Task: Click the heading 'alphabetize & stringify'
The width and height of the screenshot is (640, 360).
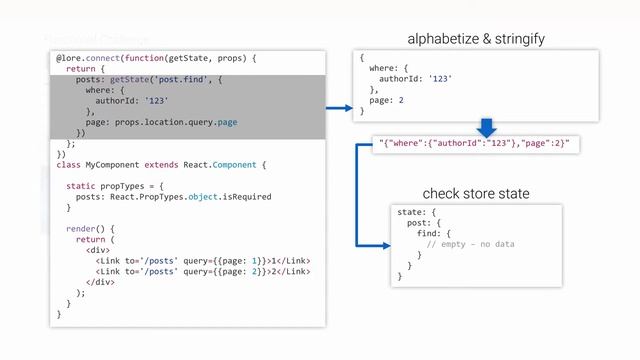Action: [x=475, y=39]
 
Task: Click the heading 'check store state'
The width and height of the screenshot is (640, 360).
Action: [x=475, y=193]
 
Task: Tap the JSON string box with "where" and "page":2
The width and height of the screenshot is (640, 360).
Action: [x=474, y=144]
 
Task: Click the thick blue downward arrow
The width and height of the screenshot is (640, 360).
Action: [x=487, y=128]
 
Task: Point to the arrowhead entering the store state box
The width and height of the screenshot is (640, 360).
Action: [x=385, y=244]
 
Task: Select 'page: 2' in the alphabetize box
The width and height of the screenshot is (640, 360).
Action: [x=387, y=101]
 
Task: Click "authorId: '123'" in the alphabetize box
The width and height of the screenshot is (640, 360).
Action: [x=414, y=79]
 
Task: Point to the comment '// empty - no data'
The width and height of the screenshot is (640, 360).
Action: [x=470, y=244]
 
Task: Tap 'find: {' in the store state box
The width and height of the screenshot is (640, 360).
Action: [x=434, y=233]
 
